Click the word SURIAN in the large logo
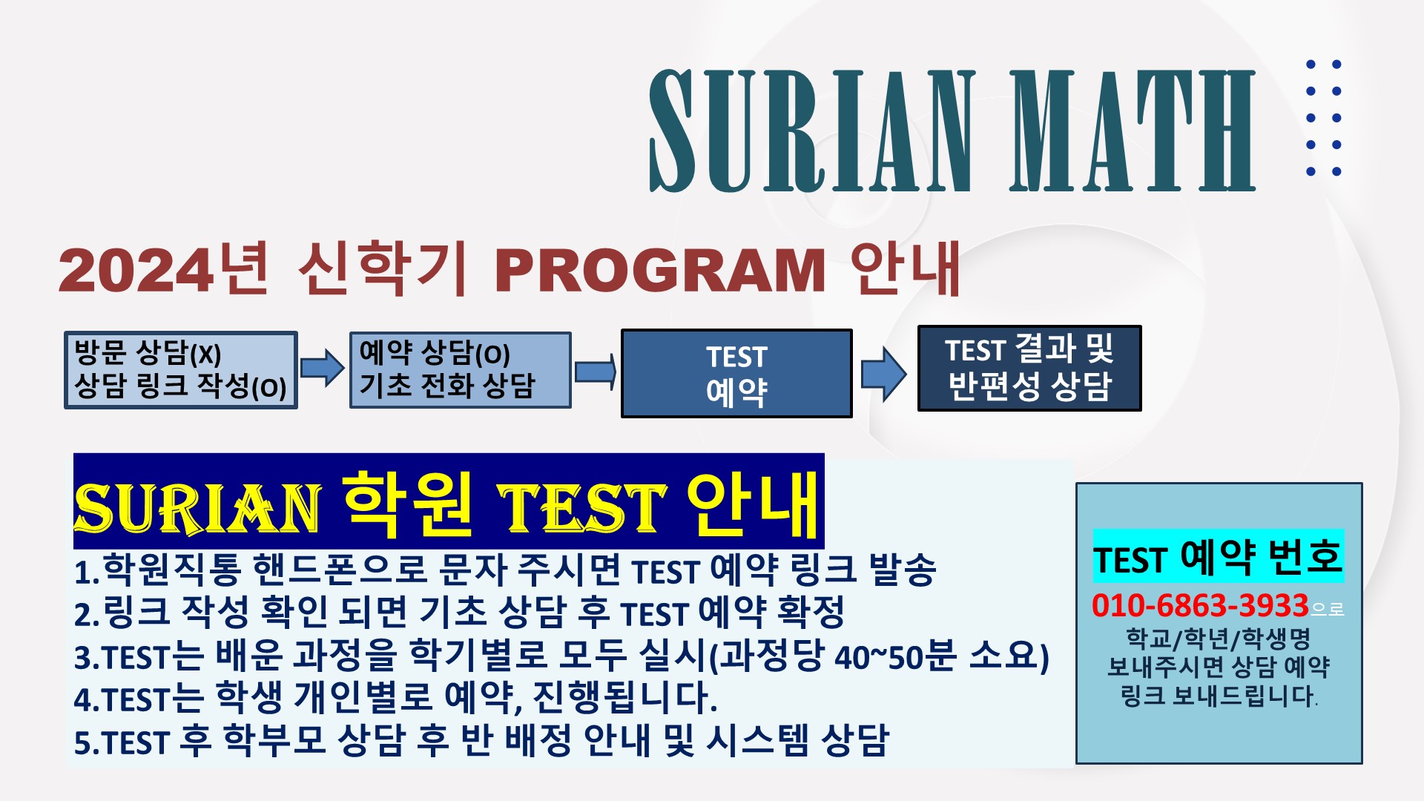812,131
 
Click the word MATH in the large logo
1132,131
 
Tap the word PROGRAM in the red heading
660,270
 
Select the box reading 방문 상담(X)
181,370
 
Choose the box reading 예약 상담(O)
461,370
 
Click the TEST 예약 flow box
736,374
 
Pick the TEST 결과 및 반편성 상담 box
1029,368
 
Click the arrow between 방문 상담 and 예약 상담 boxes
323,367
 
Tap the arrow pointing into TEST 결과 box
884,373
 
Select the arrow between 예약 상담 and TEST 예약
596,372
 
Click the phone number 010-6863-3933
1200,606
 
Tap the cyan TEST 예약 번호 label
1219,556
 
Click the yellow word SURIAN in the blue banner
197,509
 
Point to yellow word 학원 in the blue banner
409,504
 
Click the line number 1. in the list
87,573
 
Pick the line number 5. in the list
87,743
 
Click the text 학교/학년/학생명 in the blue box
1218,639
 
